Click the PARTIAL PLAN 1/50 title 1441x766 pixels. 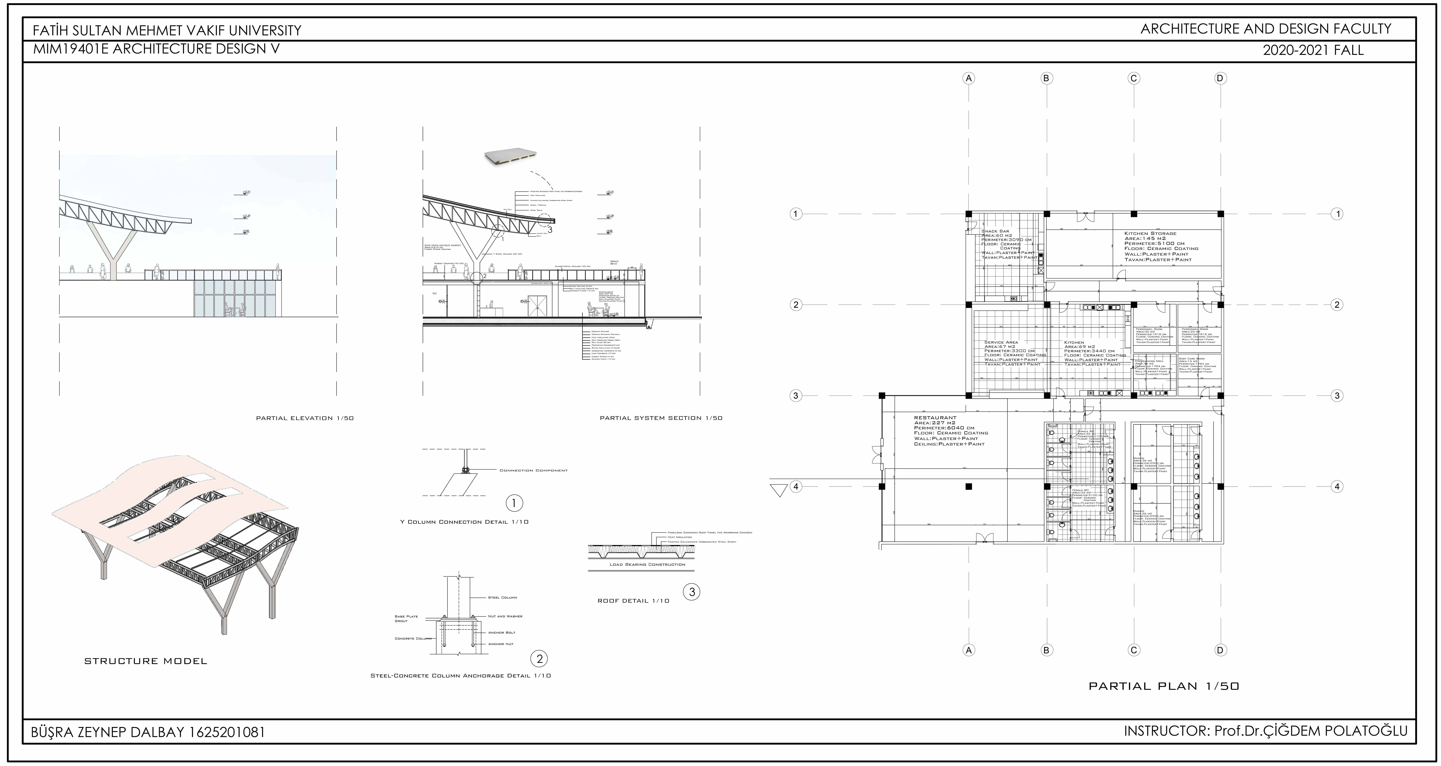(x=1164, y=686)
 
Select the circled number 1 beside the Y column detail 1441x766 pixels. (x=513, y=503)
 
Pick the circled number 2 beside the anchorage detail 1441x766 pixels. (x=539, y=659)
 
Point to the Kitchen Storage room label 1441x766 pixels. (x=1150, y=233)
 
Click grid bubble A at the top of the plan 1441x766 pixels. (x=969, y=78)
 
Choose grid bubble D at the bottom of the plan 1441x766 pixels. (x=1221, y=650)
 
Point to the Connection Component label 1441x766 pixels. (x=533, y=471)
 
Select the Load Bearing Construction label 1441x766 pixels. (x=647, y=565)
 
